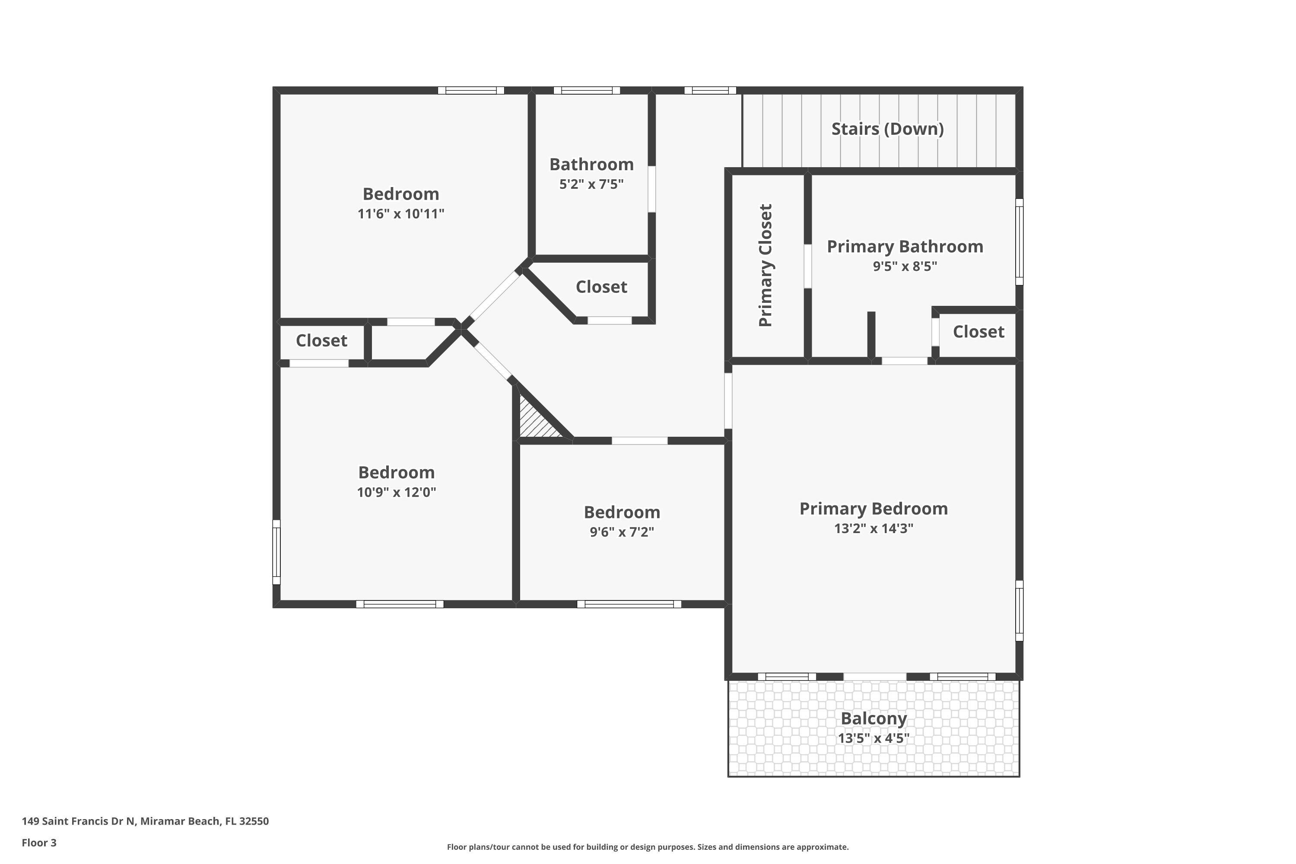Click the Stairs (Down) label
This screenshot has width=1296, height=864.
click(x=887, y=129)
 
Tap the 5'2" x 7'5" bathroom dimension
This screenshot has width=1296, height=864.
click(x=591, y=184)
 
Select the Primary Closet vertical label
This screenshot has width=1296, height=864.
click(x=766, y=265)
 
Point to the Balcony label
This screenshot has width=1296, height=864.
click(x=874, y=718)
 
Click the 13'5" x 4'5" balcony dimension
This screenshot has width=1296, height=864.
click(x=874, y=738)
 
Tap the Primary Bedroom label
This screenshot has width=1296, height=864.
click(x=874, y=508)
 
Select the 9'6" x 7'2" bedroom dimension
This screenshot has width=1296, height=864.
click(x=622, y=532)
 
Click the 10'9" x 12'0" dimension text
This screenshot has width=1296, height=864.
click(x=396, y=492)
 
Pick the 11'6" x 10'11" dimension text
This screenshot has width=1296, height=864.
click(x=400, y=214)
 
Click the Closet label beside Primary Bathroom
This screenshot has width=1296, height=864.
click(x=978, y=332)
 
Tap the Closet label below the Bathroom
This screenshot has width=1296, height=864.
click(x=601, y=287)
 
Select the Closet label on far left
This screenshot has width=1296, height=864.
click(x=321, y=340)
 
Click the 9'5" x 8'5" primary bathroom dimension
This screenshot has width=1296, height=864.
click(x=905, y=267)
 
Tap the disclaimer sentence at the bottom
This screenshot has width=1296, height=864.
click(x=648, y=847)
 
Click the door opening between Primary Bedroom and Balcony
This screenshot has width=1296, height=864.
click(x=874, y=676)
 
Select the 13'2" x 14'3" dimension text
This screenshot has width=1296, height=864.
click(x=874, y=528)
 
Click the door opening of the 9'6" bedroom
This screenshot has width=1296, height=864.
click(x=639, y=441)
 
